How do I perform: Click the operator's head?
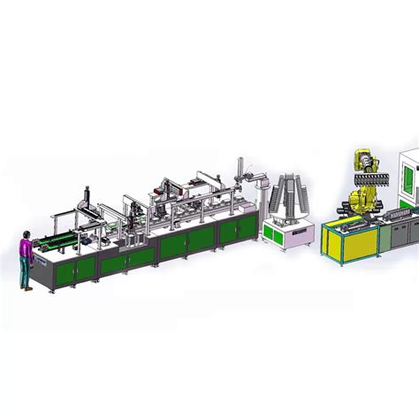[27, 234]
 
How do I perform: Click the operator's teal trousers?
[27, 269]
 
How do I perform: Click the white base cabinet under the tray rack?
[286, 234]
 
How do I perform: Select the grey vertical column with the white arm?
[240, 181]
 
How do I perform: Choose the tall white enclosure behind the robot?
[408, 186]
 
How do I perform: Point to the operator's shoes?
[28, 287]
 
